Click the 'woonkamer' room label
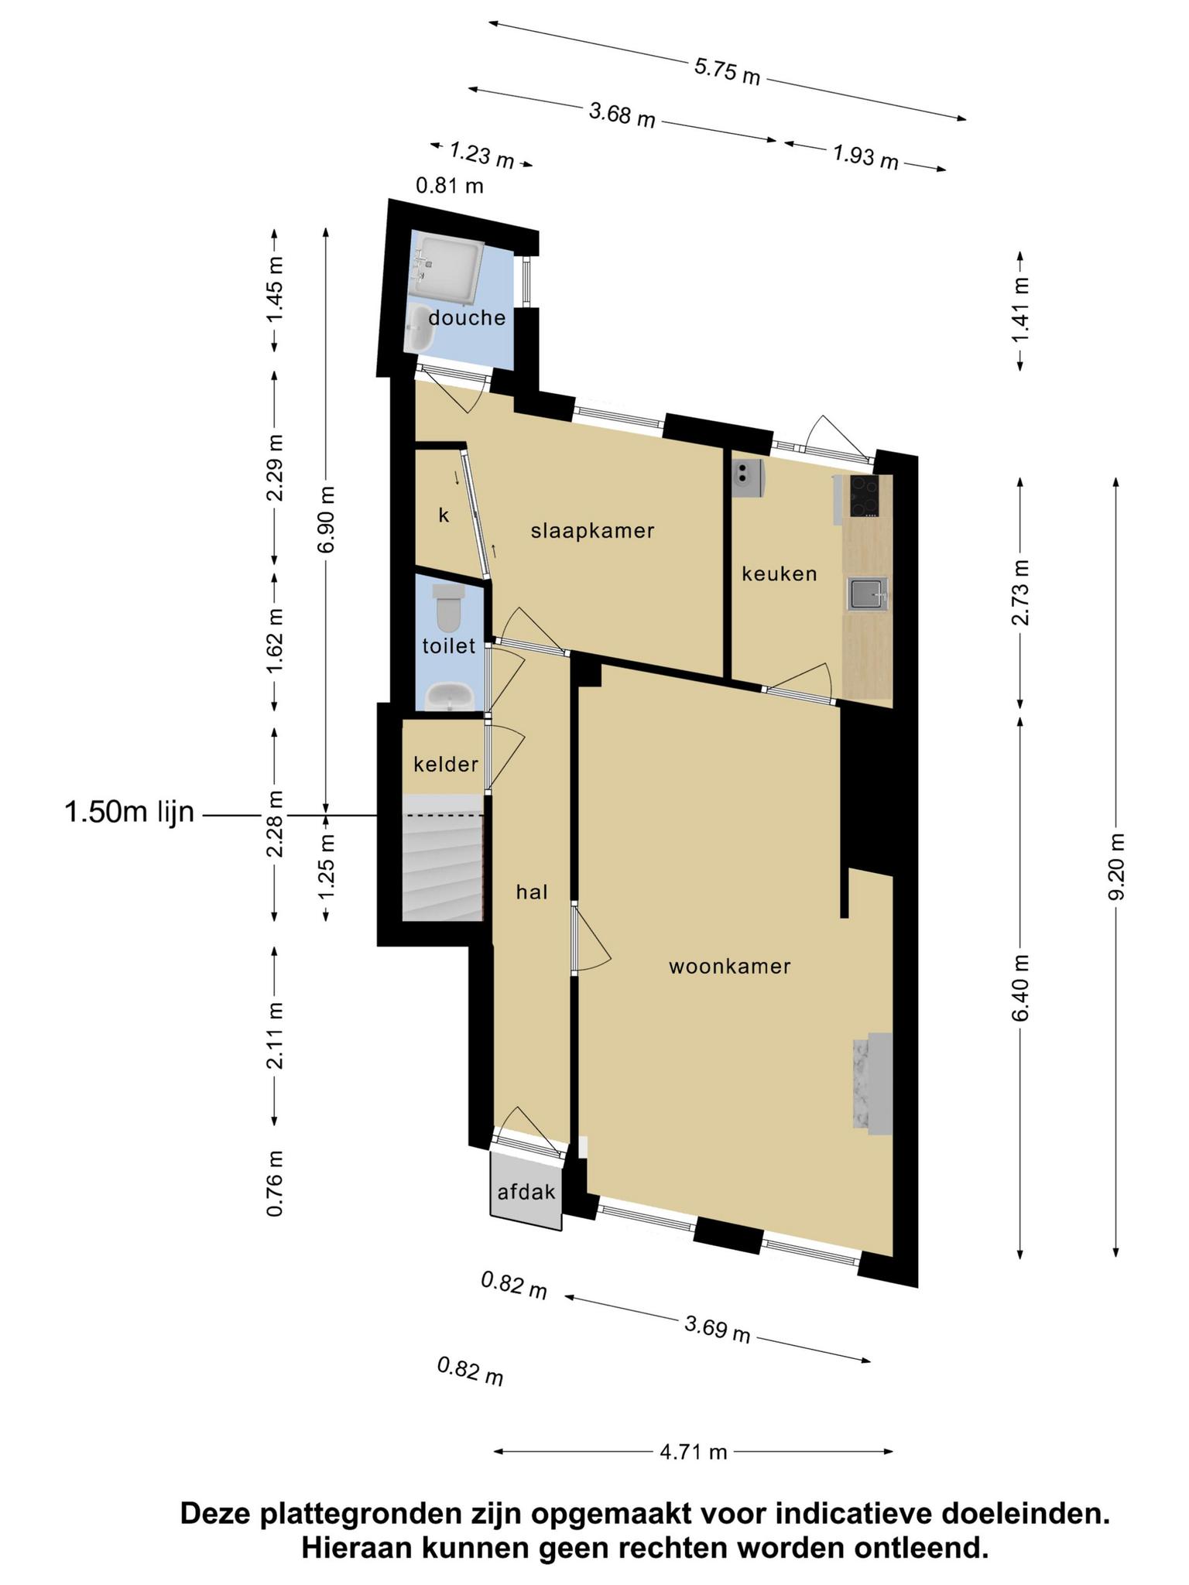click(x=729, y=967)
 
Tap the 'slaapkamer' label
click(x=593, y=531)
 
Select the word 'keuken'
click(x=780, y=573)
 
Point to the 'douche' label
click(x=467, y=317)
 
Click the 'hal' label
click(x=533, y=892)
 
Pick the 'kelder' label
click(x=446, y=765)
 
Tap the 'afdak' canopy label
click(x=526, y=1192)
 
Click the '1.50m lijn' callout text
click(x=130, y=813)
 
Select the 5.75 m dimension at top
click(x=728, y=71)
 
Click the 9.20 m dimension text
click(x=1115, y=867)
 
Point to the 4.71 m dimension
click(x=694, y=1452)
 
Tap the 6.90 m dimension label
click(x=327, y=519)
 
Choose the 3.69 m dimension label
click(x=718, y=1330)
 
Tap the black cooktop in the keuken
click(x=865, y=495)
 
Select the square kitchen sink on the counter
click(x=868, y=594)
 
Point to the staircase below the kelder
click(x=443, y=867)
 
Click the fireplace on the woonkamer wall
click(x=873, y=1083)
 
